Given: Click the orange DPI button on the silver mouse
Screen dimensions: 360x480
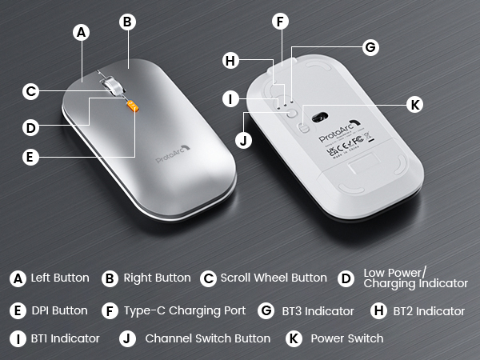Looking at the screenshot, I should click(x=133, y=106).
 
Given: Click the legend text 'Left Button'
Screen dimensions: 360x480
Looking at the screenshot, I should click(x=60, y=278).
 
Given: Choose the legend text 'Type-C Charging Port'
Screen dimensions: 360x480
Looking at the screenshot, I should click(x=185, y=310).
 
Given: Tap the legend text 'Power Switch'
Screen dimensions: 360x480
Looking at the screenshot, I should click(x=346, y=338).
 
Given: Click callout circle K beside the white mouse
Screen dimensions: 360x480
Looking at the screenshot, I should click(x=414, y=104).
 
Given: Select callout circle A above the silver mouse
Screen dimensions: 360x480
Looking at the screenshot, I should click(x=80, y=33).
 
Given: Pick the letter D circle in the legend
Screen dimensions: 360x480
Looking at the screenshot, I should click(x=346, y=278).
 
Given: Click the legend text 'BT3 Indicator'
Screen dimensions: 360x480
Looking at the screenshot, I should click(x=317, y=310).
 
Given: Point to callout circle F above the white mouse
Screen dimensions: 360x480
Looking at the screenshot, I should click(x=279, y=22).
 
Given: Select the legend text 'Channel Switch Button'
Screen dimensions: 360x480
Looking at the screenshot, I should click(x=207, y=338).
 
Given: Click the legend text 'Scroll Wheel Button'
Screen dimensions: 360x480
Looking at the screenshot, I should click(x=274, y=278).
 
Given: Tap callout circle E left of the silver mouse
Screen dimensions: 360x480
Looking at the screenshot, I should click(x=30, y=157).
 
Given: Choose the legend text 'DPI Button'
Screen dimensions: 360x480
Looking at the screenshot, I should click(x=60, y=310).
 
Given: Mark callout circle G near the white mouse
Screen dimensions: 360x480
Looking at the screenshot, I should click(x=370, y=48).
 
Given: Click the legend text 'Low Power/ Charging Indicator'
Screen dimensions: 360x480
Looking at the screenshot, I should click(x=415, y=278).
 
